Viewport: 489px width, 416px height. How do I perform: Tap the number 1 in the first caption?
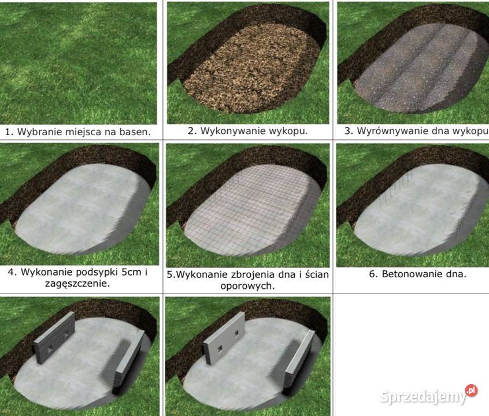(x=7, y=132)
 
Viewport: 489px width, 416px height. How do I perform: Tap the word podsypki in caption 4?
(x=97, y=273)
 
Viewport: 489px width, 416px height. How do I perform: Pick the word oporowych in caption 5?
(x=247, y=286)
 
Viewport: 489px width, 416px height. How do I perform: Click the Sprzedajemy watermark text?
(x=423, y=397)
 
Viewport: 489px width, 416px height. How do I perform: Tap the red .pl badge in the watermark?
(x=471, y=390)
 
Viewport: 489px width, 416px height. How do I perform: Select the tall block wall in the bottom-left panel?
(x=54, y=338)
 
